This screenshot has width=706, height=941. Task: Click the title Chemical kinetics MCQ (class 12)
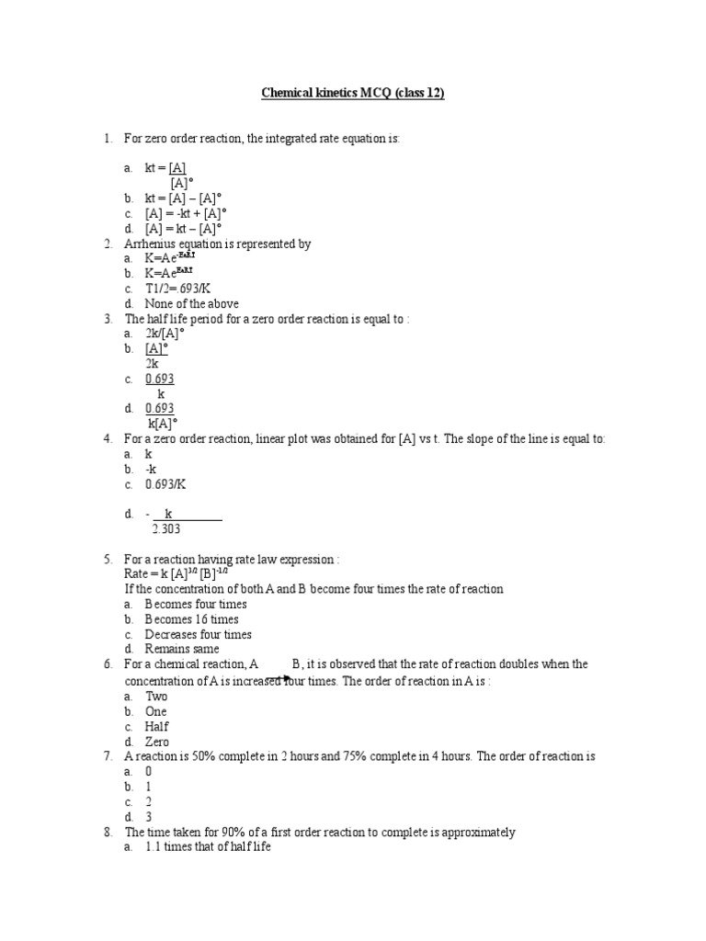click(x=353, y=94)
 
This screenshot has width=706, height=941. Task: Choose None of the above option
click(x=191, y=303)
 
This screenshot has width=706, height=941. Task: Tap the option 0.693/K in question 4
click(x=171, y=484)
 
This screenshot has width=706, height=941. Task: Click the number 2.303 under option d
click(x=169, y=528)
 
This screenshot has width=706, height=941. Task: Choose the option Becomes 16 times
click(x=191, y=619)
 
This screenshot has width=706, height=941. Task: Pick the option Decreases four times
click(x=198, y=634)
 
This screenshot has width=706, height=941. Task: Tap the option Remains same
click(x=181, y=649)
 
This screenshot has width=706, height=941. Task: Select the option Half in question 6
click(x=156, y=726)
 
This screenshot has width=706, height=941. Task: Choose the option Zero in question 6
click(x=156, y=741)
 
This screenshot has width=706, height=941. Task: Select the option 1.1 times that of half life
click(x=208, y=847)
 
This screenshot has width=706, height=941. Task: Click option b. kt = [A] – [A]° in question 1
click(x=184, y=198)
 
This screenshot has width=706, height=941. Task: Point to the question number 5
click(x=108, y=559)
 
